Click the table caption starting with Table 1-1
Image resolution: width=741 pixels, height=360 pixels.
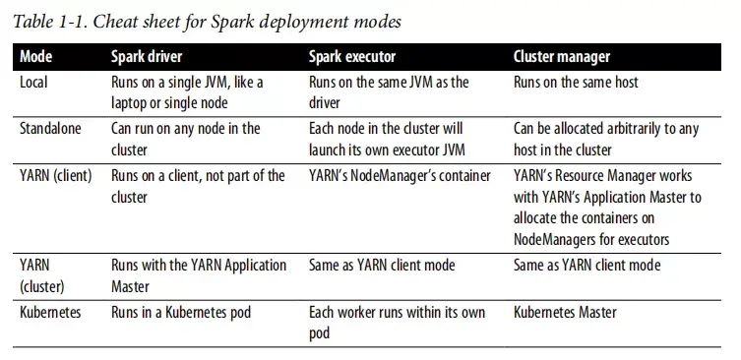click(207, 20)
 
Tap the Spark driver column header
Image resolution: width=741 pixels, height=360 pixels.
click(147, 56)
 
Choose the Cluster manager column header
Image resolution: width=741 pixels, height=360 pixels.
click(562, 56)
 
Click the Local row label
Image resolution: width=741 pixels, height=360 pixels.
click(33, 83)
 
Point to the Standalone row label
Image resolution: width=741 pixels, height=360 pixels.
click(48, 128)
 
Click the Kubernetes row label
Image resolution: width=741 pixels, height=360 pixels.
click(50, 312)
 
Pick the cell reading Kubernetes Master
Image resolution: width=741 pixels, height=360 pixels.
click(565, 312)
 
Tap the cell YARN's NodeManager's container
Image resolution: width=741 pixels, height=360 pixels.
click(399, 175)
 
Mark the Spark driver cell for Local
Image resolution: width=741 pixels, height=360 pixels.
click(187, 92)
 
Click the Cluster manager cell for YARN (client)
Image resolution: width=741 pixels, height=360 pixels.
click(607, 207)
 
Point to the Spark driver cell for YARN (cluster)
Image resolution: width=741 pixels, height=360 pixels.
click(199, 276)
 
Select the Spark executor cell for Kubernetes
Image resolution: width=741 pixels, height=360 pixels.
click(396, 322)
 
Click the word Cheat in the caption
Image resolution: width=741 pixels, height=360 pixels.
click(115, 20)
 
